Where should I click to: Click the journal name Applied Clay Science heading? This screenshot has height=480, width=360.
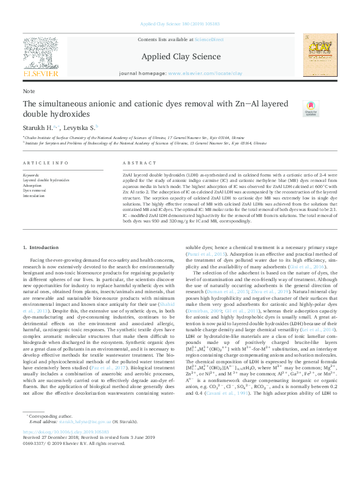point(181,57)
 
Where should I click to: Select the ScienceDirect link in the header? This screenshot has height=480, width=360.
point(209,39)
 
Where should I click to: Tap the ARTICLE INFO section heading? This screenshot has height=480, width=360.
point(45,164)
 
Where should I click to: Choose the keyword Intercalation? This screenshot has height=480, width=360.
point(34,196)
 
